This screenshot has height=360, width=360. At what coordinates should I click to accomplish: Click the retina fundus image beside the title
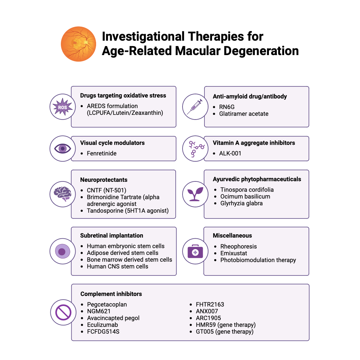pos(78,44)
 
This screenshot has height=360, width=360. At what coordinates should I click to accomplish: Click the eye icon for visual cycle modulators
pos(62,148)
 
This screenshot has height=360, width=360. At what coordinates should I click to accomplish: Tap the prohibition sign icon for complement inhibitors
pos(62,312)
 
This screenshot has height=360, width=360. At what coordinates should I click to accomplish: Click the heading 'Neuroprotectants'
pos(104,180)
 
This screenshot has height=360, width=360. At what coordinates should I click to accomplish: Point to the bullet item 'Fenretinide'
pos(102,153)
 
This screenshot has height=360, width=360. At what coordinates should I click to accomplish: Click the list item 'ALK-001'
pos(230,153)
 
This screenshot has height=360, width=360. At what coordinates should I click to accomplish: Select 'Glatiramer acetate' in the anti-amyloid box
pos(244,114)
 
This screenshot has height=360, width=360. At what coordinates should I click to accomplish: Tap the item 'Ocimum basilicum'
pos(245,197)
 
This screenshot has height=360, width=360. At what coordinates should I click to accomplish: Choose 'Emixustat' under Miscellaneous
pos(234,253)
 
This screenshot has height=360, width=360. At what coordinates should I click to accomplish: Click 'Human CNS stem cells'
pos(117,266)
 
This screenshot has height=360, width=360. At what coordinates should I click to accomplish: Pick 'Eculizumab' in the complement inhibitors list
pos(102,325)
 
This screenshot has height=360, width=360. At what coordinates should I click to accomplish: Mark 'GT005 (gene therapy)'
pos(222,332)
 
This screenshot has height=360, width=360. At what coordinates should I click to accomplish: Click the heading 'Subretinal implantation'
pos(112,235)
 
